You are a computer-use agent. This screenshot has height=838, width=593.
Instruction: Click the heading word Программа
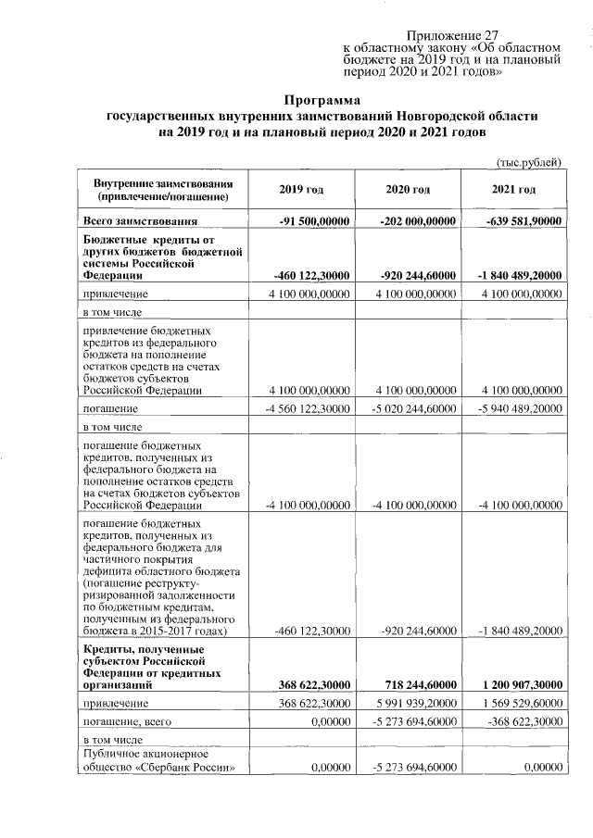321,99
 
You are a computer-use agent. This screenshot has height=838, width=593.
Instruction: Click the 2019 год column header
301,190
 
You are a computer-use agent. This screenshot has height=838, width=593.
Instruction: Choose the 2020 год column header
408,190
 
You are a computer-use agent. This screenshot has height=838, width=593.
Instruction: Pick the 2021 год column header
513,190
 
